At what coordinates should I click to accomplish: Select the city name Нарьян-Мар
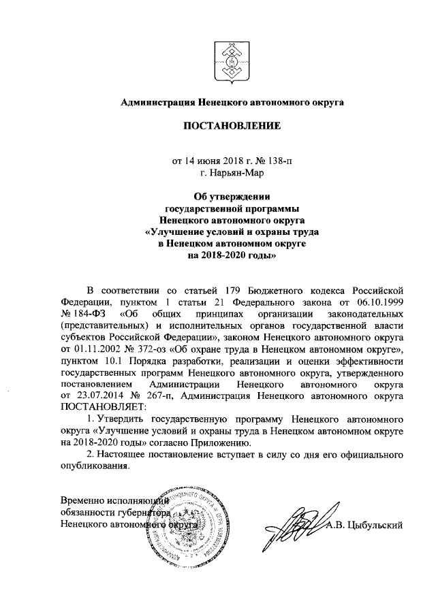[x=225, y=174]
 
